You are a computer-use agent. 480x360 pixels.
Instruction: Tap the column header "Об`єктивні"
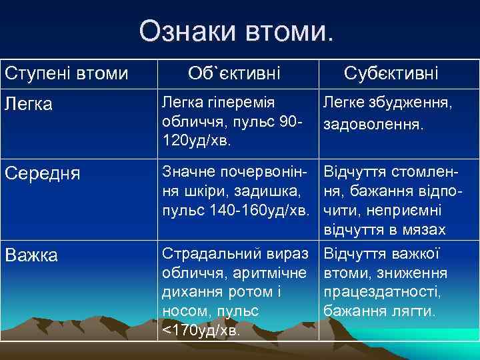[234, 73]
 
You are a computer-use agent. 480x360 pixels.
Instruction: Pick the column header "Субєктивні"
[391, 73]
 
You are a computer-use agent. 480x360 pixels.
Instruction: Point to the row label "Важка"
[31, 255]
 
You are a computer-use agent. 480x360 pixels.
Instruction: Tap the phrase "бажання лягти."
[379, 311]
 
